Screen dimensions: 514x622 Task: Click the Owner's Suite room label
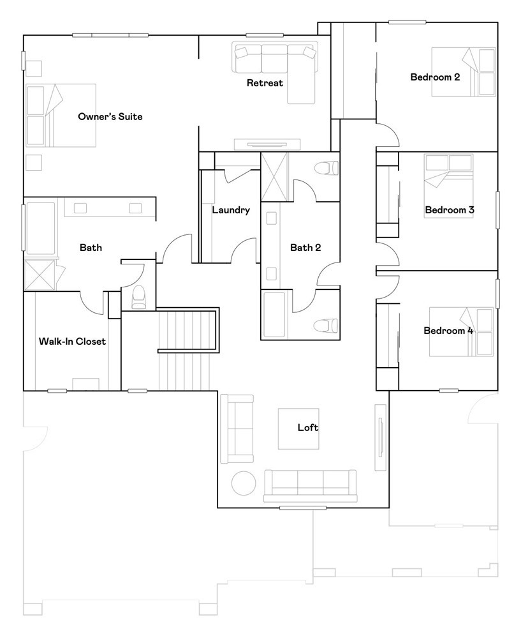click(110, 117)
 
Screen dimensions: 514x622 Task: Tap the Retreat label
click(265, 83)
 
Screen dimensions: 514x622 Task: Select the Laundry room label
click(231, 210)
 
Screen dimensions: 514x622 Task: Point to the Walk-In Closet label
click(72, 342)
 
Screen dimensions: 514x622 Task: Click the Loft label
click(307, 427)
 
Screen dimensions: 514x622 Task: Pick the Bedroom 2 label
click(435, 77)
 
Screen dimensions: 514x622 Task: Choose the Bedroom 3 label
click(449, 210)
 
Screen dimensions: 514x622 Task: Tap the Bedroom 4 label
click(448, 330)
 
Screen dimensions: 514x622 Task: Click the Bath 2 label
click(305, 248)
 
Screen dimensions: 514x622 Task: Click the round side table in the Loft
click(244, 483)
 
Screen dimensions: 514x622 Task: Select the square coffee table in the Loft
click(298, 429)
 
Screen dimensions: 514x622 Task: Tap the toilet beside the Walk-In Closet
click(138, 297)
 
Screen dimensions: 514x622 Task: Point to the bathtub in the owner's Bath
click(40, 229)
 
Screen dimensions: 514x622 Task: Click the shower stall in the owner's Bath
click(39, 275)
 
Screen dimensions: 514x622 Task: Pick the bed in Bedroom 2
click(464, 72)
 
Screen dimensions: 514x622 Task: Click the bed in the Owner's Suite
click(61, 116)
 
